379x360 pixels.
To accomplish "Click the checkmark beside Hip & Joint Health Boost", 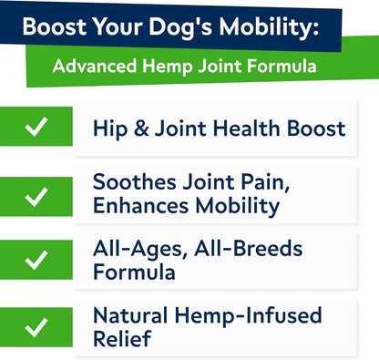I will [36, 128].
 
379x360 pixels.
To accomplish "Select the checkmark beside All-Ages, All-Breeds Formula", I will [36, 260].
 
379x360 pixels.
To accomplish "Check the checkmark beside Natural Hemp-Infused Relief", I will [36, 326].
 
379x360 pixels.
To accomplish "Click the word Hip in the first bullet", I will [108, 128].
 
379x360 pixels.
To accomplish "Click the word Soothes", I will [133, 181].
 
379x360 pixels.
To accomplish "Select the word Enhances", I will [139, 205].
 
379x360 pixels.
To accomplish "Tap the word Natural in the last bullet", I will [133, 315].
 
